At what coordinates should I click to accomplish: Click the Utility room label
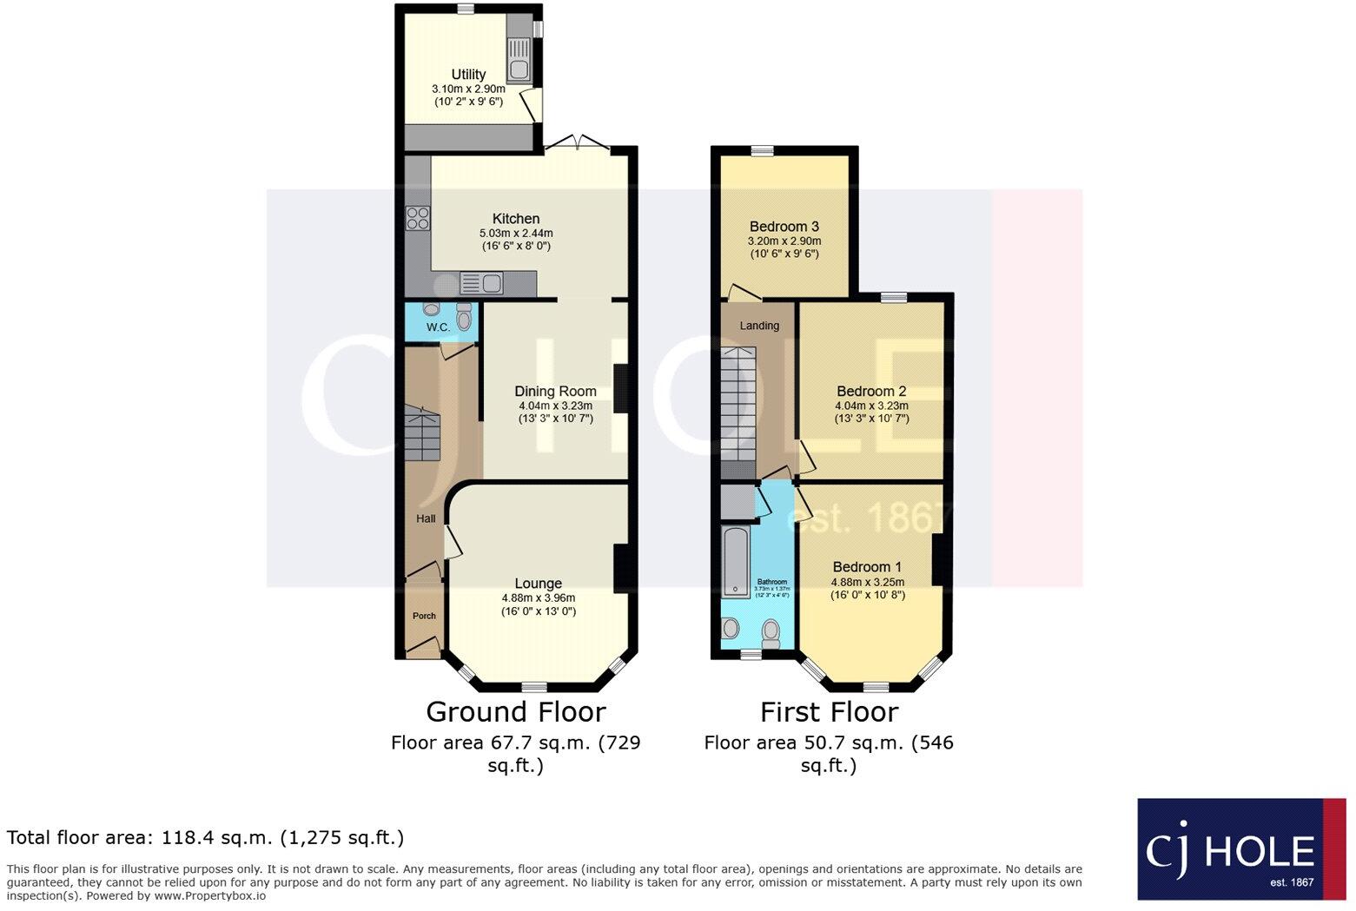pos(468,75)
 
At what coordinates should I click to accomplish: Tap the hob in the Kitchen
pos(418,217)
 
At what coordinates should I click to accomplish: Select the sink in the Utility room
pos(520,69)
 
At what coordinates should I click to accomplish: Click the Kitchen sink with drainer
pos(481,283)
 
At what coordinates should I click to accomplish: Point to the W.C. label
pos(438,327)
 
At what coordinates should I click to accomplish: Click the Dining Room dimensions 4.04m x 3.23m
pos(555,406)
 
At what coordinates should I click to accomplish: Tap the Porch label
pos(424,616)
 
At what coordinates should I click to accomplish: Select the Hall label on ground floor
pos(426,518)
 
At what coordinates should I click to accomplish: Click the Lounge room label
pos(538,584)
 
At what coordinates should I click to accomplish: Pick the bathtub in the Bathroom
pos(736,561)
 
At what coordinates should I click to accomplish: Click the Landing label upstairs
pos(759,326)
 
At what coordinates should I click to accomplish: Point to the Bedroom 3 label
pos(784,227)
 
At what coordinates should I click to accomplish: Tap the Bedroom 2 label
pos(871,392)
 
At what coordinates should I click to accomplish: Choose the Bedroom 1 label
pos(867,567)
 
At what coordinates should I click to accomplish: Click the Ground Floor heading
pos(515,712)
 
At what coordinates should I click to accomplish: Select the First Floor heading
pos(829,712)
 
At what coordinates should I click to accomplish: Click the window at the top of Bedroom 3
pos(762,151)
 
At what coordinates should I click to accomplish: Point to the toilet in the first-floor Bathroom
pos(771,633)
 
